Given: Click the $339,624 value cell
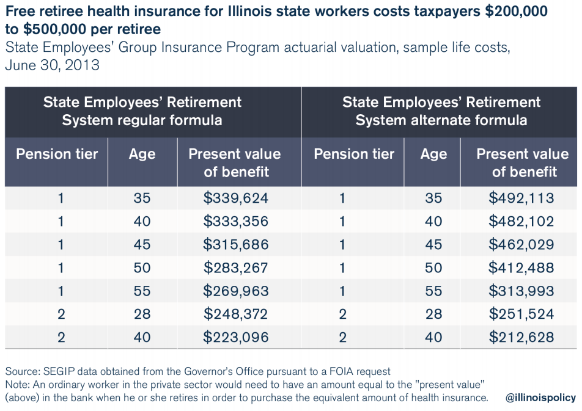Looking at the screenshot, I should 236,198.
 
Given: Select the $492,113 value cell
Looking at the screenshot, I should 521,198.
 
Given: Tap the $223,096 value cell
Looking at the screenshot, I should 236,336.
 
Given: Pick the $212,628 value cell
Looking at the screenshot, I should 521,336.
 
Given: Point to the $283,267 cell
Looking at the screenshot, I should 236,267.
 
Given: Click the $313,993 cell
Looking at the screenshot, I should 521,291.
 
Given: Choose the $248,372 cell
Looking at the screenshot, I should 236,314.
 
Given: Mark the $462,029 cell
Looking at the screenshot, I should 521,244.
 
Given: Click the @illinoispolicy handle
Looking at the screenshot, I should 540,398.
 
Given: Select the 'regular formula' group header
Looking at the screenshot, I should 142,111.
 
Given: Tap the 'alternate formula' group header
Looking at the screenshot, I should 441,111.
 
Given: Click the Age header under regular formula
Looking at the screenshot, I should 142,154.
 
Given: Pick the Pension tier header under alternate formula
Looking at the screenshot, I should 354,154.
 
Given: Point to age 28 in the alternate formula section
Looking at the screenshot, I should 433,314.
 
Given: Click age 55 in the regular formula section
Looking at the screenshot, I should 142,291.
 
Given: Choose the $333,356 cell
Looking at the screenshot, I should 236,221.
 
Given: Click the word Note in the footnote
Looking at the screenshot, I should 17,385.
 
